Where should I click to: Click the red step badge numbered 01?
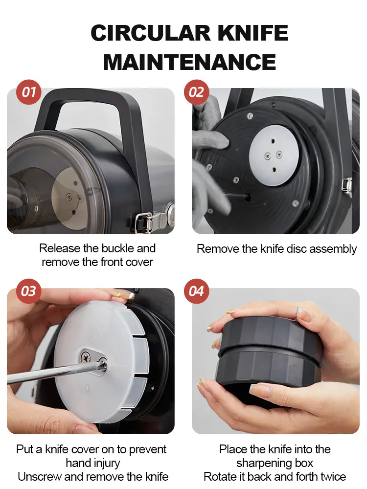coord(29,92)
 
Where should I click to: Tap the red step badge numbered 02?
coord(196,92)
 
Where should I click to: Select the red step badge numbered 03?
coord(29,291)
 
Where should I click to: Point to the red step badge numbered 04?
coord(196,291)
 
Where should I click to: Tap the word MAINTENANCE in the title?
coord(189,62)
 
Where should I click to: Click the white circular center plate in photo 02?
coord(274,156)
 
